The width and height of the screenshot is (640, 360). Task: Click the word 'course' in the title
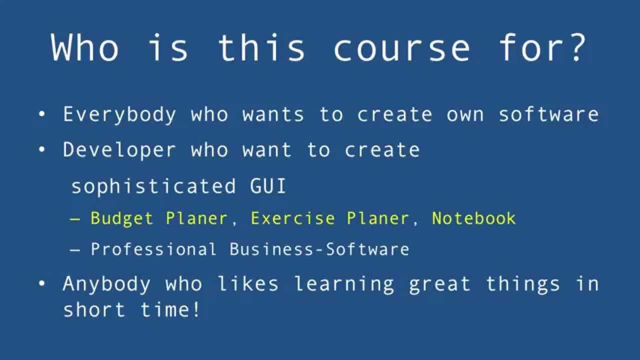coord(402,48)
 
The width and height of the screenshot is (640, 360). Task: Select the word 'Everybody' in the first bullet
coord(119,114)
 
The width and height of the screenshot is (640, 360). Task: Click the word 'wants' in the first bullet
coord(273,114)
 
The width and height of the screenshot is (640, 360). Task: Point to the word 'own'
coord(465,114)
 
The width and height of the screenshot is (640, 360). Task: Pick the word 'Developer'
coord(119,150)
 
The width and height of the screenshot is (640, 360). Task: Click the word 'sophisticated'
coord(153,186)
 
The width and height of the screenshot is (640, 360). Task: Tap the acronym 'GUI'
coord(268,186)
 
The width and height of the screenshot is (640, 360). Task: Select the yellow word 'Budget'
coord(121,218)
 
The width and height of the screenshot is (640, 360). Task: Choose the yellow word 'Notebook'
coord(473,218)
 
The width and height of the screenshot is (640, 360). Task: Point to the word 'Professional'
coord(153,249)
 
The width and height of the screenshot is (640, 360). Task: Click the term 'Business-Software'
coord(319,249)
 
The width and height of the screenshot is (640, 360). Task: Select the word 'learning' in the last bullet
coord(344,284)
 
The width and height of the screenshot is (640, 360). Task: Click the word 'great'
coord(440,284)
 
